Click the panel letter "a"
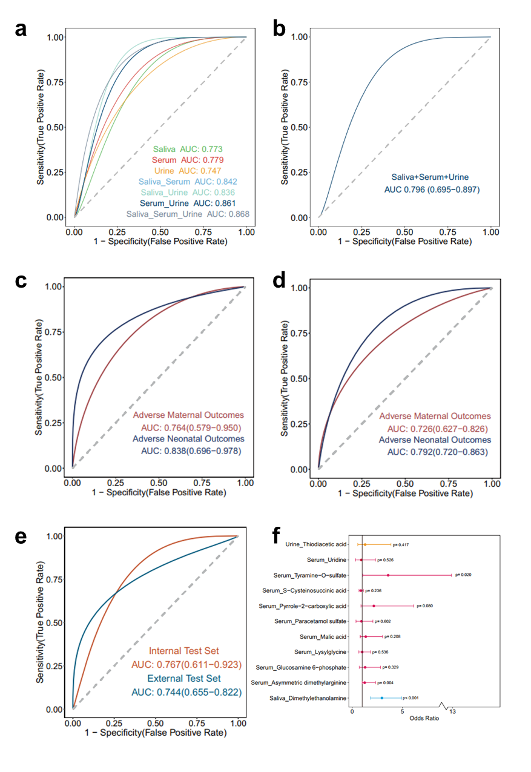(21, 29)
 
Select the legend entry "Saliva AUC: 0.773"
(188, 149)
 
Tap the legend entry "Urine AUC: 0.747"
(188, 171)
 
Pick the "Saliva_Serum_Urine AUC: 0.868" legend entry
(188, 214)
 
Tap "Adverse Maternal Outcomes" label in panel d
(435, 416)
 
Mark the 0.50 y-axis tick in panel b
(299, 127)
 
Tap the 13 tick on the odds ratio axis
(452, 711)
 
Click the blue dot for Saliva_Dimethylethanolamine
(382, 698)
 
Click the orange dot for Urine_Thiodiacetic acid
(365, 544)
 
